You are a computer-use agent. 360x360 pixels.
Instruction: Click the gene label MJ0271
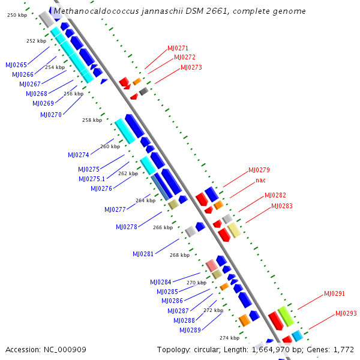tap(177, 48)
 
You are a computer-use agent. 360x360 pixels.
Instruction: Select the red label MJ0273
tap(191, 67)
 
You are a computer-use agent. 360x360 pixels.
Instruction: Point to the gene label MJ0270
tap(51, 115)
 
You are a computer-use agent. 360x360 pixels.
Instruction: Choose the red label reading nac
tap(260, 180)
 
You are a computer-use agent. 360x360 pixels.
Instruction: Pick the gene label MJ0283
tap(282, 206)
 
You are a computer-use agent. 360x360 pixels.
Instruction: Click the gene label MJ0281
tap(143, 254)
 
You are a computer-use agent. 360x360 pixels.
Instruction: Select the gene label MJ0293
tap(346, 313)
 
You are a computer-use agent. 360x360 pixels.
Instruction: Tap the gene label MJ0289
tap(190, 330)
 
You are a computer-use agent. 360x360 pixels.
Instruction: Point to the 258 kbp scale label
tap(92, 120)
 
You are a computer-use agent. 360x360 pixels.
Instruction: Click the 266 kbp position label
tap(163, 227)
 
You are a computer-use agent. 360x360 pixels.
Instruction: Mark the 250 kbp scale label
tap(17, 14)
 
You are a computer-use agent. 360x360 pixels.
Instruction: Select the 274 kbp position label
tap(229, 338)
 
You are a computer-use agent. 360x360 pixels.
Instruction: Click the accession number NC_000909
tap(62, 349)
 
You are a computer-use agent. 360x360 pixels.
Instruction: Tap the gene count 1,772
tap(343, 349)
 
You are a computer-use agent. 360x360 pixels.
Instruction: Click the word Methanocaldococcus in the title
tap(89, 11)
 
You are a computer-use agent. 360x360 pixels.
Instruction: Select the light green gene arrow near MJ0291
tap(286, 316)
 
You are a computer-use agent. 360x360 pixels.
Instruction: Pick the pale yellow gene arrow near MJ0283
tap(234, 230)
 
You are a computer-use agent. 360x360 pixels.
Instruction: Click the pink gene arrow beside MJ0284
tap(211, 265)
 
